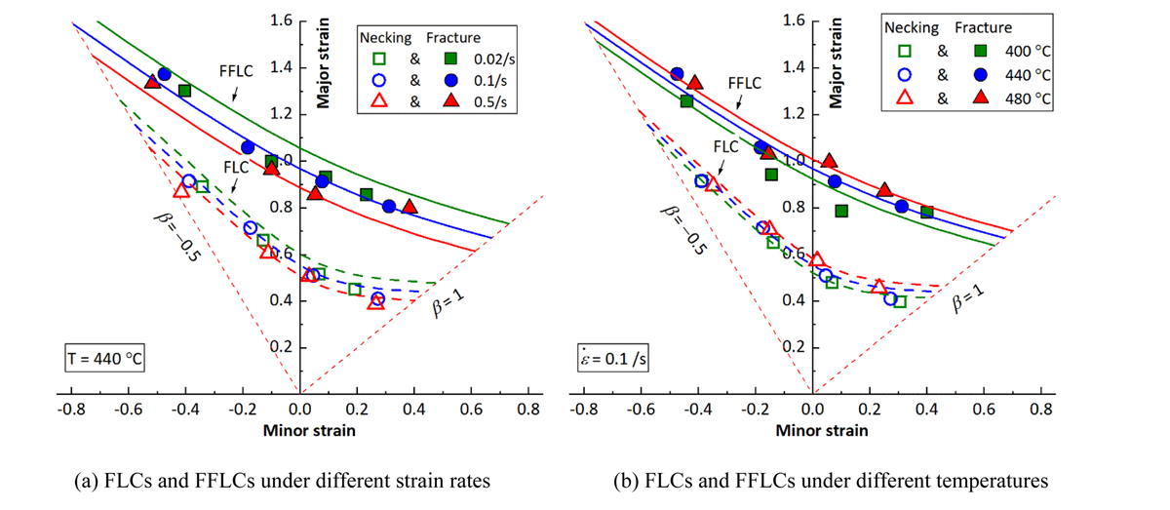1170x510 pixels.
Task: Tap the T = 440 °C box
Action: [x=100, y=359]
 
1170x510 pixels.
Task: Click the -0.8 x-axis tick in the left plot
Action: [x=71, y=407]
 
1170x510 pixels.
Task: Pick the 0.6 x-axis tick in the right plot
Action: [x=985, y=407]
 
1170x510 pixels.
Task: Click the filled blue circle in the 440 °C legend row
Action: [x=978, y=73]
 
